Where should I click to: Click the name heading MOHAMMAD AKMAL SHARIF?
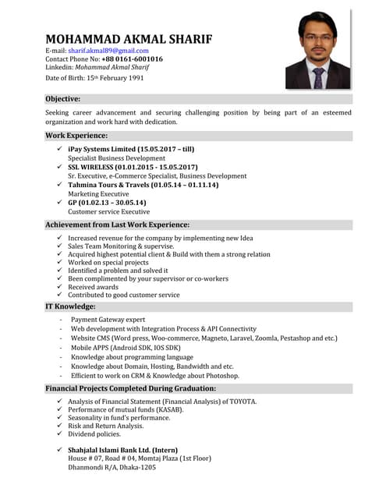click(129, 39)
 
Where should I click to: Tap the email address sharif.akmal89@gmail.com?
click(108, 51)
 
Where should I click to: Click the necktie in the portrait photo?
click(318, 76)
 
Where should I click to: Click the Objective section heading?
click(63, 99)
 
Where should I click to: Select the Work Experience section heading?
click(76, 136)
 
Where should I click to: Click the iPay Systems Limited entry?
click(131, 149)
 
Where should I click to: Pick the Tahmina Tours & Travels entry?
click(143, 185)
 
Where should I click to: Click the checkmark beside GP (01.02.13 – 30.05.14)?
click(60, 203)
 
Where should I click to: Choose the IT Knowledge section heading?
click(70, 306)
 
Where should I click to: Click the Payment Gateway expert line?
click(108, 320)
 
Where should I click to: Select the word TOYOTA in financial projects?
click(241, 402)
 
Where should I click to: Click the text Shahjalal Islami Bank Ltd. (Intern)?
click(122, 450)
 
